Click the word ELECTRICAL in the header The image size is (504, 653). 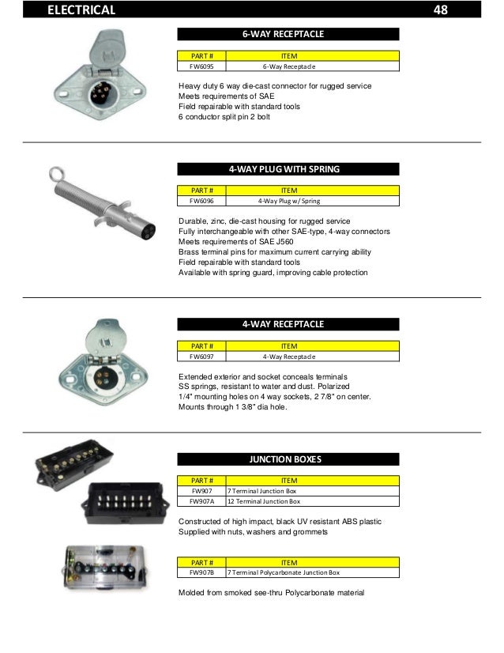[81, 10]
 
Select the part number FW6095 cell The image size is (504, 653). [201, 67]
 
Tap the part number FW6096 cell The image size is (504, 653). [201, 202]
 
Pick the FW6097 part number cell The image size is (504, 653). [201, 357]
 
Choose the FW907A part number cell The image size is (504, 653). [201, 501]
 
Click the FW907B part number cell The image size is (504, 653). [201, 572]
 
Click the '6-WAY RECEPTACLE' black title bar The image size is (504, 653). [288, 35]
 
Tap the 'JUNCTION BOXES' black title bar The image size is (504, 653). [288, 459]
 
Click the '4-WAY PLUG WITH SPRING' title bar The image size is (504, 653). [288, 169]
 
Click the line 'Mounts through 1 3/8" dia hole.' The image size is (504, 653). [233, 407]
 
